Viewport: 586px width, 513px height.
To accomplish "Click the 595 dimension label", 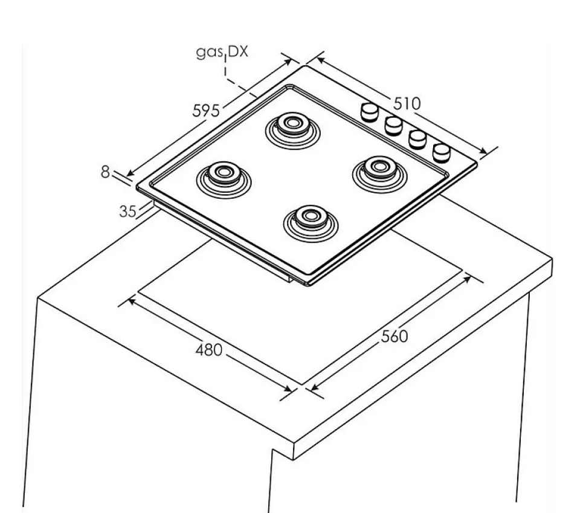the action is point(206,111).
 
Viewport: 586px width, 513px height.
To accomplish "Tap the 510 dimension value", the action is point(407,103).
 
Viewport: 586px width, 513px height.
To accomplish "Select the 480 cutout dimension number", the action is point(209,350).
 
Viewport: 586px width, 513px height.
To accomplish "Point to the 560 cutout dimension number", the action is point(394,337).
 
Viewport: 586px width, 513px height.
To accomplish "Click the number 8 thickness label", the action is point(105,172).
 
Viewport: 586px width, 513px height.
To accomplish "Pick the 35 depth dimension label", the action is point(128,211).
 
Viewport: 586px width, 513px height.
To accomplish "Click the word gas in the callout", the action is point(209,52).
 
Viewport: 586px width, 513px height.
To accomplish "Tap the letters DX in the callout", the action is point(238,51).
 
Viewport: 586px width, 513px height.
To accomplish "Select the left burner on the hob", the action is point(224,178).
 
